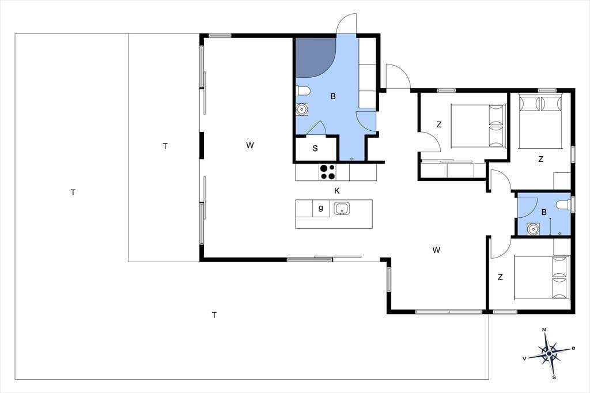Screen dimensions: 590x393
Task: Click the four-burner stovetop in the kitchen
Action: [x=327, y=172]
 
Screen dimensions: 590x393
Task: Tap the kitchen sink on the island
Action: [x=342, y=208]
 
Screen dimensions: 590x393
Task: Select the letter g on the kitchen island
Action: [x=320, y=207]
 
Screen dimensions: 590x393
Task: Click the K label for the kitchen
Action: [x=336, y=191]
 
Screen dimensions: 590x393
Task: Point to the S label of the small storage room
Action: [x=315, y=148]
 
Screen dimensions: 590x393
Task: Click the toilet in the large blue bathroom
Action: [x=303, y=91]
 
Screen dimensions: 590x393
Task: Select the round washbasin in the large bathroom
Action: [x=302, y=109]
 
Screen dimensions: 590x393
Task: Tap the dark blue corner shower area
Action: [x=314, y=57]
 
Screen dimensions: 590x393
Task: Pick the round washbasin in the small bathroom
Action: [x=533, y=229]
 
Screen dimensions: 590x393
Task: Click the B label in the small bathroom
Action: [x=544, y=213]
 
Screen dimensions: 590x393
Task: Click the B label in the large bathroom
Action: [x=333, y=97]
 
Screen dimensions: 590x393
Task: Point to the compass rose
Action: [x=549, y=353]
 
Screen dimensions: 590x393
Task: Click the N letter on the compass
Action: [x=544, y=330]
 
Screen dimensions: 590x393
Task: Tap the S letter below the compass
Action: [x=554, y=377]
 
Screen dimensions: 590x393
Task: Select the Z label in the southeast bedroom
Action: [x=500, y=277]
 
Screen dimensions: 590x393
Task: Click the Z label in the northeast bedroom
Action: [x=540, y=160]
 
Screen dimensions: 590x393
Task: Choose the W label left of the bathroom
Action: [x=250, y=145]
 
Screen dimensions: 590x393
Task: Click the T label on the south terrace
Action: [x=214, y=315]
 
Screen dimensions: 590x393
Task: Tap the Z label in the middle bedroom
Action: [x=438, y=124]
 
